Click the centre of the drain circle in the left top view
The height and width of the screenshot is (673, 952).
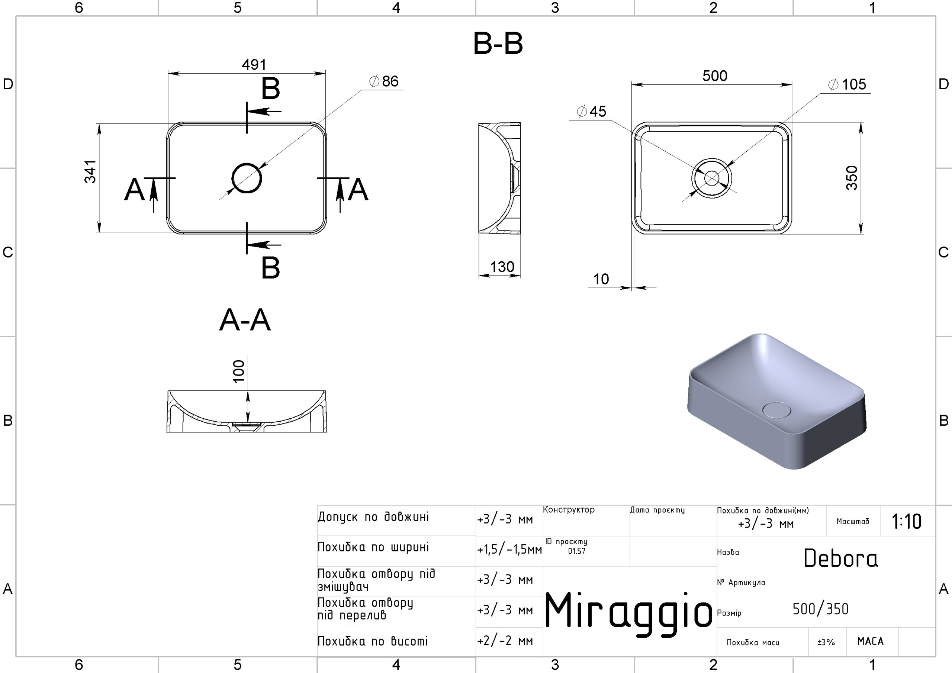247,178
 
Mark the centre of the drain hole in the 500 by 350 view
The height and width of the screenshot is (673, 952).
711,178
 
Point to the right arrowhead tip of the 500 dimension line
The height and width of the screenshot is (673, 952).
792,85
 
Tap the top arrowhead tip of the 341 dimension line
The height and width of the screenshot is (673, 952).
99,124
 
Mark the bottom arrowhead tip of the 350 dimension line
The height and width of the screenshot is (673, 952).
861,234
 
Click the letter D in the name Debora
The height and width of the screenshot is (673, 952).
811,558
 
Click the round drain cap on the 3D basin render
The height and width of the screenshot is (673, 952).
776,410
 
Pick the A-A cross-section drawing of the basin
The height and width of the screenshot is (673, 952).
247,411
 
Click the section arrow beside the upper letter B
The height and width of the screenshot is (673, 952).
264,111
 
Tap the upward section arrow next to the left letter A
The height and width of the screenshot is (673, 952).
154,195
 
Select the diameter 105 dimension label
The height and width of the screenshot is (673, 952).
847,85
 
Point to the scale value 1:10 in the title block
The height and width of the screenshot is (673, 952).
906,521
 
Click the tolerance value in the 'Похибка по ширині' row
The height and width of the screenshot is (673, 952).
509,550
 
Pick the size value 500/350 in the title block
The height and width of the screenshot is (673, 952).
820,609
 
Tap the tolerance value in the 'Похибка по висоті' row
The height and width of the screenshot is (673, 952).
505,641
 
